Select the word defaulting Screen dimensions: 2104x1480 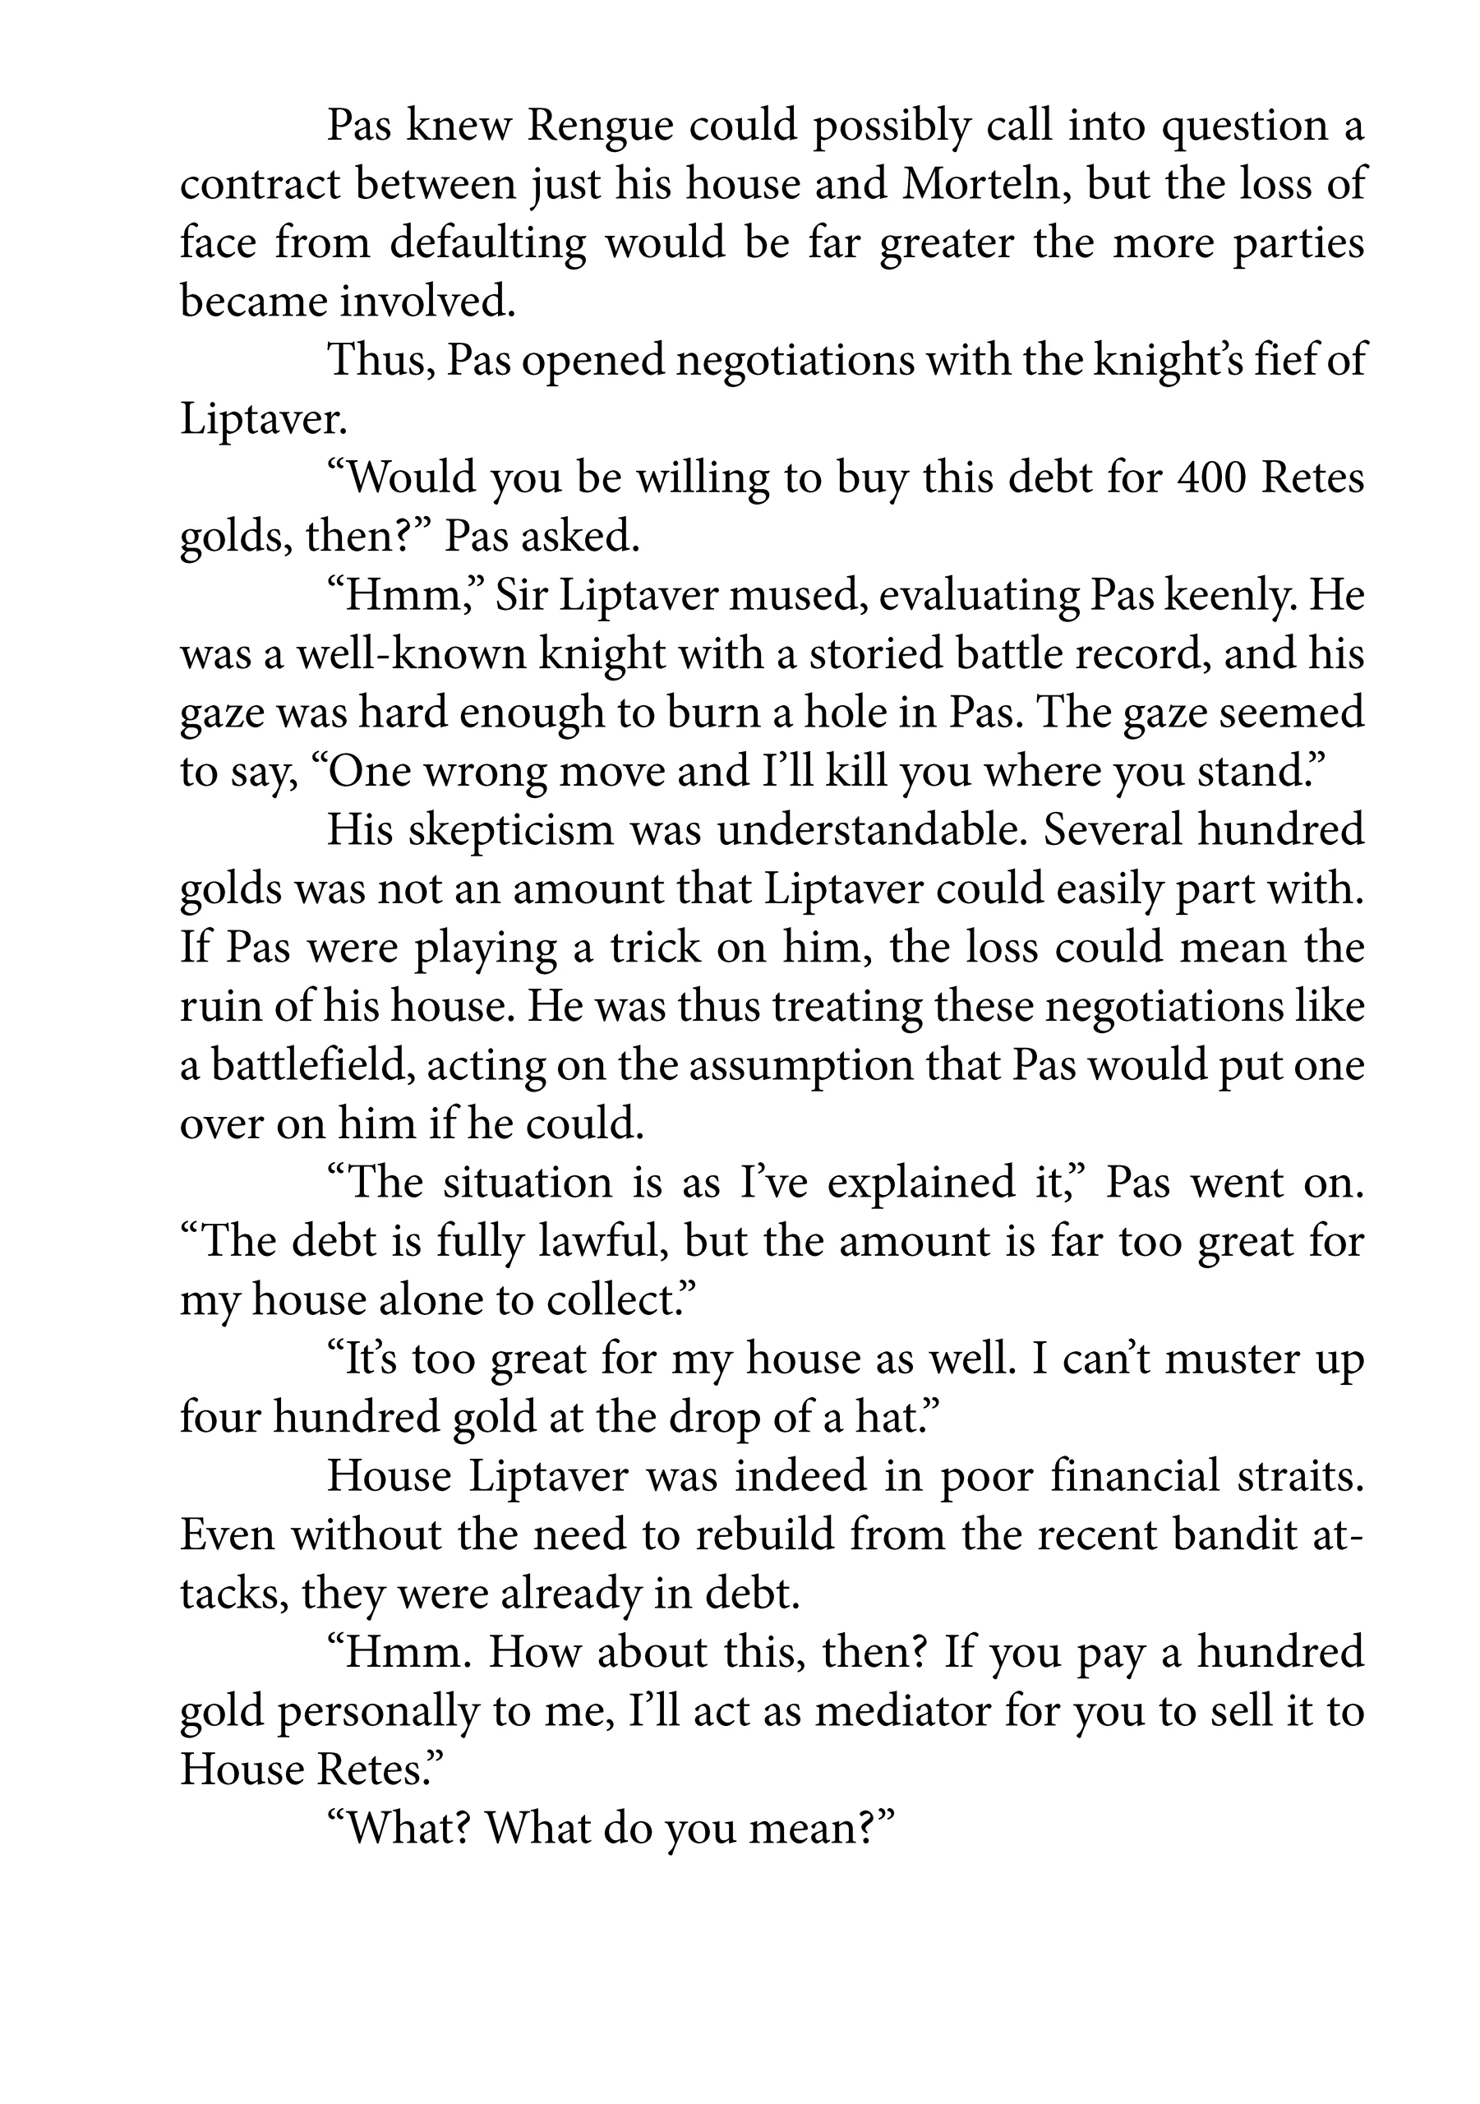(x=487, y=244)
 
